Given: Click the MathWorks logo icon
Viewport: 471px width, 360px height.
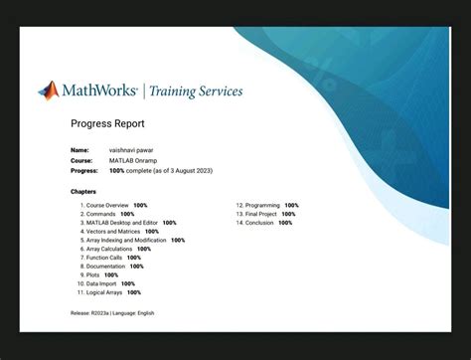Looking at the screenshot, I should pos(49,90).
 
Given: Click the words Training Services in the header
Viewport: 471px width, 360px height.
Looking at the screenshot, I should pos(196,91).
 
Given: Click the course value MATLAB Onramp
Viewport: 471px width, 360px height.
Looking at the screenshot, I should pos(136,160).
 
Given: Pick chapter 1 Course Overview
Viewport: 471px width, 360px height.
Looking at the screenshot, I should pos(107,206).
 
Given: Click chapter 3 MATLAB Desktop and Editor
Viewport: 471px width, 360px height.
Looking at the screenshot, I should pos(122,223).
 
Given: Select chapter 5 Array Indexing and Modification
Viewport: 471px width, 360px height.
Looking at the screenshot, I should pos(126,241).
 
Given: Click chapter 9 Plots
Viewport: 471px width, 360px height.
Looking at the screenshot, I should pos(95,275).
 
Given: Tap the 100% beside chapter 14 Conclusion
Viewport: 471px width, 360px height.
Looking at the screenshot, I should pos(285,223).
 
